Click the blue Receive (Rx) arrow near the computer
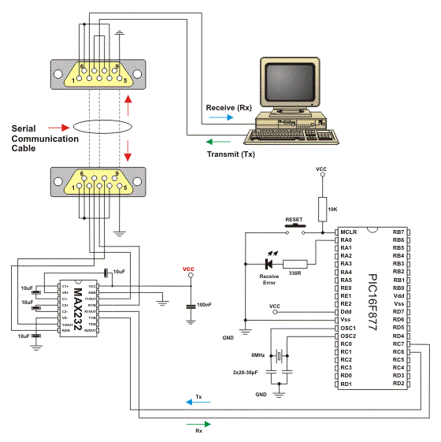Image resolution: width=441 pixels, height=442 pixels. pos(220,117)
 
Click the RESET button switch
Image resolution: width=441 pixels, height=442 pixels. pos(295,228)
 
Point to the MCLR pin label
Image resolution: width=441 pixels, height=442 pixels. pos(350,232)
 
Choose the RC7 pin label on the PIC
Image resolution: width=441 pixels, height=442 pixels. pos(398,344)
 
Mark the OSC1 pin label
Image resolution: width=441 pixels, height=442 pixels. pos(350,328)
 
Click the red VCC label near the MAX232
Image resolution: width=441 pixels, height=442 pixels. pos(188,269)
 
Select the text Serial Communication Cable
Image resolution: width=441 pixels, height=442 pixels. pos(45,139)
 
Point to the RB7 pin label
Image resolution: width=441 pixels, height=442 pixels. pos(398,232)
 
